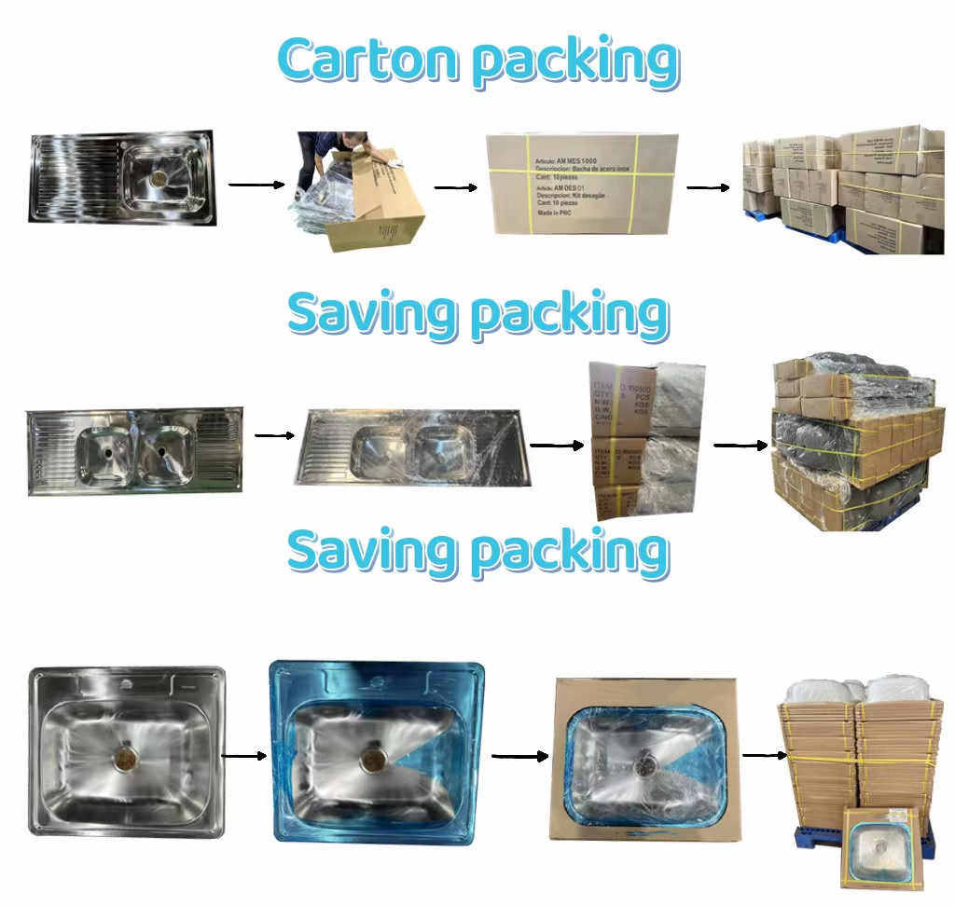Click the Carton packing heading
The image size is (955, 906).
[x=477, y=62]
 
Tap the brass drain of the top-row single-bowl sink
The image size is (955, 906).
[x=159, y=177]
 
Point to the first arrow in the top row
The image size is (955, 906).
[x=256, y=185]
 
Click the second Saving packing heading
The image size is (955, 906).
[x=477, y=551]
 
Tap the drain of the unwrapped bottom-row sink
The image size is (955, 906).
[x=126, y=756]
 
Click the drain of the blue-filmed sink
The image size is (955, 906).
[x=372, y=758]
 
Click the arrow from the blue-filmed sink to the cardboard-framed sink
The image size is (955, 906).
[x=519, y=756]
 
